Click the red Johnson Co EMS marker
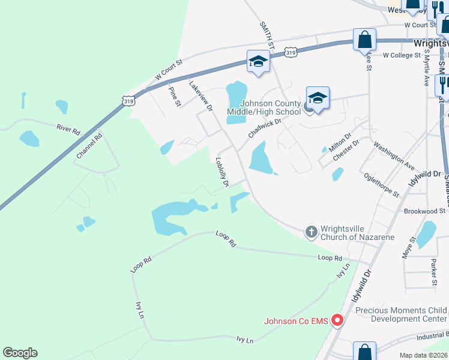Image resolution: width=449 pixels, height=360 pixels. (x=337, y=320)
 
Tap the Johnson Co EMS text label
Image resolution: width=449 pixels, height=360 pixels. (x=296, y=321)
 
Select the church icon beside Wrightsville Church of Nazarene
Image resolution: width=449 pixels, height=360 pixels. (x=311, y=232)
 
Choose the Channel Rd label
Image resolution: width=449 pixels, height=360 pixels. (x=89, y=146)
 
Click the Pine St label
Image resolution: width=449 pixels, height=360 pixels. (x=175, y=97)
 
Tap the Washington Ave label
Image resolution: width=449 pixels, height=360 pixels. (x=394, y=155)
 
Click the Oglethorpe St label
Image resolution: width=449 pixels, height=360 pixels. (x=382, y=185)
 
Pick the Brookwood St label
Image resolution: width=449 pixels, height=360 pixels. (x=424, y=211)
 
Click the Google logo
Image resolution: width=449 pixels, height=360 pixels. (x=20, y=353)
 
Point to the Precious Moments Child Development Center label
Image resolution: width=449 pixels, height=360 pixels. (x=401, y=314)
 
